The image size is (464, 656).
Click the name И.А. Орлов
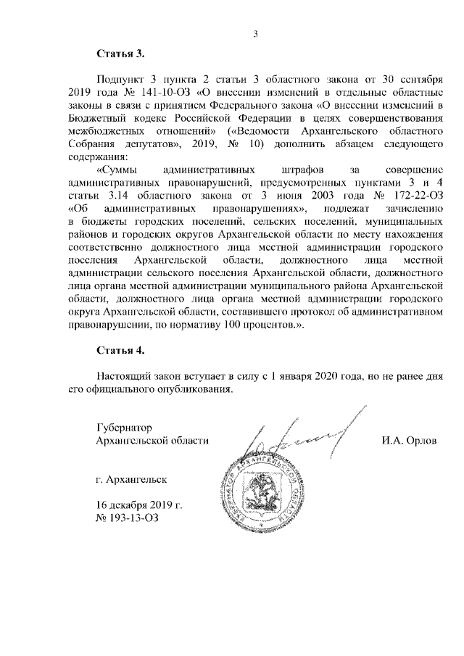point(410,440)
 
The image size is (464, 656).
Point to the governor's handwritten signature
point(302,435)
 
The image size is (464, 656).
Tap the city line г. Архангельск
point(132,479)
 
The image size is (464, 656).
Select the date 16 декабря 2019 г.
point(139,505)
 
